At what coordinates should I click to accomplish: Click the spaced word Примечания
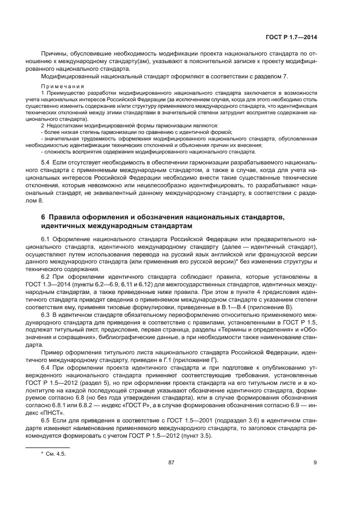[x=63, y=87]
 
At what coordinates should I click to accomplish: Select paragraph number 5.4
[x=47, y=163]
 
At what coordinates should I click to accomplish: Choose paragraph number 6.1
[x=47, y=239]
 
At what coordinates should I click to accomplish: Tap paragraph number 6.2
[x=47, y=277]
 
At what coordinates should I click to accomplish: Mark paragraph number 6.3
[x=47, y=315]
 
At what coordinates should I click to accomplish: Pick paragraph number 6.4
[x=47, y=368]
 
